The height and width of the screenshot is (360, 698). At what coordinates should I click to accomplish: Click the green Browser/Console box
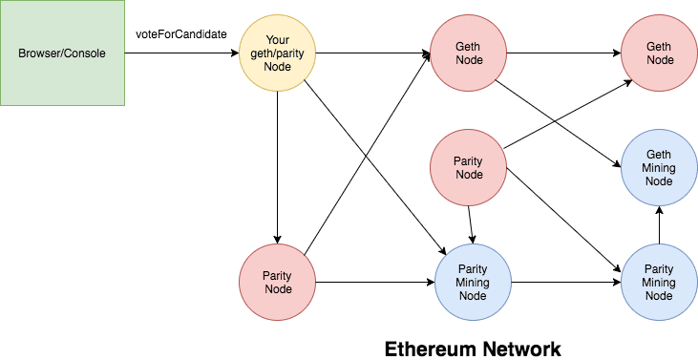pyautogui.click(x=63, y=53)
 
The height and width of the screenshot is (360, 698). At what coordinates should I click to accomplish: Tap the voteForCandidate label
pyautogui.click(x=181, y=34)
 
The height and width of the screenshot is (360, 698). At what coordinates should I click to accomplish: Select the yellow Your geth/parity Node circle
pyautogui.click(x=276, y=53)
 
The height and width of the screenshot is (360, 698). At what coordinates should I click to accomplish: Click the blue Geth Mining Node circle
pyautogui.click(x=659, y=168)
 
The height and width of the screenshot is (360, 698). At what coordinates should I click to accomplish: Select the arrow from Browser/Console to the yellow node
pyautogui.click(x=181, y=53)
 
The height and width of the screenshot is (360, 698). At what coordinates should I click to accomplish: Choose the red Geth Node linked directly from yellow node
pyautogui.click(x=469, y=53)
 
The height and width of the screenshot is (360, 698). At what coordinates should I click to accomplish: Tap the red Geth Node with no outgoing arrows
pyautogui.click(x=659, y=53)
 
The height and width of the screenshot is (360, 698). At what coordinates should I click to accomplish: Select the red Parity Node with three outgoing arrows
pyautogui.click(x=469, y=168)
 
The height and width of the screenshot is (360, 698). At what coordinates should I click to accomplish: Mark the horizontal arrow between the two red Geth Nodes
pyautogui.click(x=563, y=53)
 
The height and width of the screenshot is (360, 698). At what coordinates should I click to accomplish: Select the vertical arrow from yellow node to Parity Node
pyautogui.click(x=276, y=167)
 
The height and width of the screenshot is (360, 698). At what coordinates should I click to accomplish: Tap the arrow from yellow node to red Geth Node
pyautogui.click(x=372, y=53)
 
